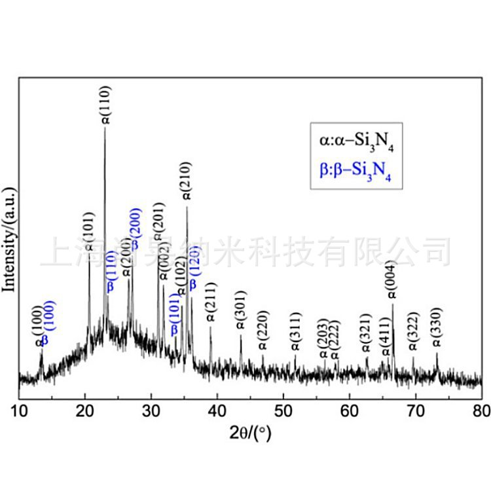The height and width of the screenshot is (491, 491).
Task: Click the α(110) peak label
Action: (106, 105)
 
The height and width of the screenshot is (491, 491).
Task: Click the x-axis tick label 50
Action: (283, 410)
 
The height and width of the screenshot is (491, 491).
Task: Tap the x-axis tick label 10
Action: (19, 410)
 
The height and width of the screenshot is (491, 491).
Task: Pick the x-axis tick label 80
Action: (481, 410)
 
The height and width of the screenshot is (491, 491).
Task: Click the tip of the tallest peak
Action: (105, 127)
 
